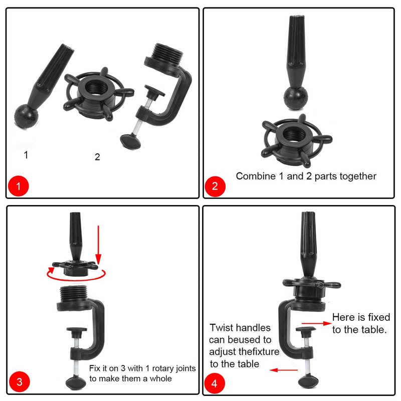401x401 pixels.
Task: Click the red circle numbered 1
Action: (19, 186)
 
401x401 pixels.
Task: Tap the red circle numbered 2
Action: (215, 186)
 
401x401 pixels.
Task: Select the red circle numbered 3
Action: (20, 382)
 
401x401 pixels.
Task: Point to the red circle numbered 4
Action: (215, 383)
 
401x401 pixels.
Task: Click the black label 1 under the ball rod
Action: (26, 155)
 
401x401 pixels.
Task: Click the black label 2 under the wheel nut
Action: (97, 157)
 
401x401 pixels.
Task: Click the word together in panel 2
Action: (358, 176)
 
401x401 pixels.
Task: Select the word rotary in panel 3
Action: (162, 368)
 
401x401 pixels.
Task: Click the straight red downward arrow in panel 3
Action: (98, 245)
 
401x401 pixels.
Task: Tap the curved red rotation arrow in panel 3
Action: (76, 275)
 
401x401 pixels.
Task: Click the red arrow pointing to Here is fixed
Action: (317, 323)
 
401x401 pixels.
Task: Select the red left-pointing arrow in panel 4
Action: (284, 370)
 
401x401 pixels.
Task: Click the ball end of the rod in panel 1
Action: (26, 117)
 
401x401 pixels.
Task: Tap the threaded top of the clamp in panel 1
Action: (168, 53)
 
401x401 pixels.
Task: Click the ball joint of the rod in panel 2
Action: (295, 98)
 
